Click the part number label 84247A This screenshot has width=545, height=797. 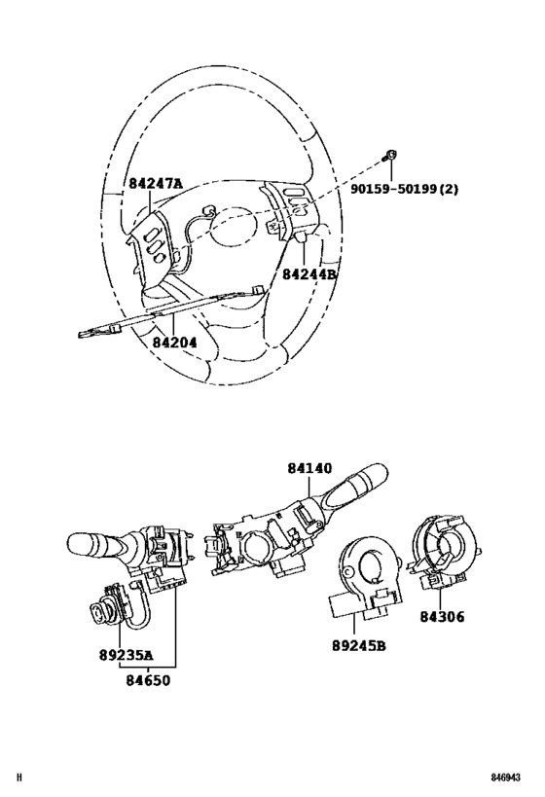pyautogui.click(x=155, y=184)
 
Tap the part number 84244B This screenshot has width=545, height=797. pyautogui.click(x=309, y=274)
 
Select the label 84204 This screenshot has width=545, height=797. pyautogui.click(x=174, y=343)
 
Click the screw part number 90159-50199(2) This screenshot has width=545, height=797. pyautogui.click(x=404, y=189)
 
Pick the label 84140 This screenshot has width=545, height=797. pyautogui.click(x=309, y=468)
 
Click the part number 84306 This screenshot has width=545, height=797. pyautogui.click(x=442, y=617)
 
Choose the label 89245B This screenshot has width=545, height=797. pyautogui.click(x=359, y=645)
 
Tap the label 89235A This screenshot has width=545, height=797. pyautogui.click(x=127, y=656)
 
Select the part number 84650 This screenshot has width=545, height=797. pyautogui.click(x=149, y=680)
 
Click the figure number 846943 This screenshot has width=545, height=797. pyautogui.click(x=505, y=778)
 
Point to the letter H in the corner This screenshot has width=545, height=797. pyautogui.click(x=19, y=778)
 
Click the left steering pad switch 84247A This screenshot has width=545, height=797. pyautogui.click(x=153, y=241)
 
